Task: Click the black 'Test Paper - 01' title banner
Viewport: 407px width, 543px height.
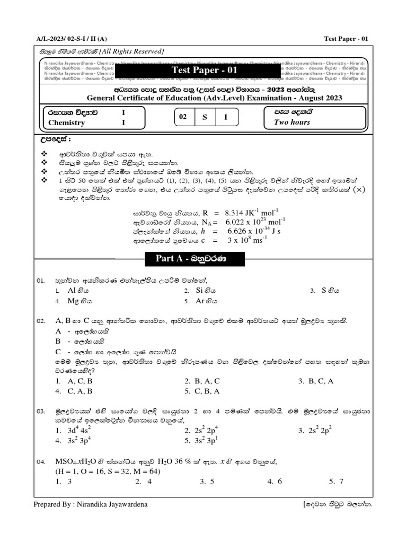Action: click(197, 71)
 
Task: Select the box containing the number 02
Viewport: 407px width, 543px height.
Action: click(183, 117)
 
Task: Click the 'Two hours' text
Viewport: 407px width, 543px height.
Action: click(291, 122)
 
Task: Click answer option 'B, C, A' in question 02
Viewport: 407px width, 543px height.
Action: click(320, 381)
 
